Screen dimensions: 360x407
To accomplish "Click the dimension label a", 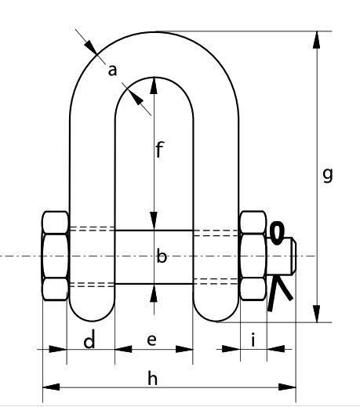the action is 112,71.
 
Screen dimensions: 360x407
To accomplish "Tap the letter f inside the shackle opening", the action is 159,150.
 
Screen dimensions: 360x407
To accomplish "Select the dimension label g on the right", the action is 328,175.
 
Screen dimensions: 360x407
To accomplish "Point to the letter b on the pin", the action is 162,256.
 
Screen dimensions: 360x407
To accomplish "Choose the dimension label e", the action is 152,340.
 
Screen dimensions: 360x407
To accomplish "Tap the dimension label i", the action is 253,340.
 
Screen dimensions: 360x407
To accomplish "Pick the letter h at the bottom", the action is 153,378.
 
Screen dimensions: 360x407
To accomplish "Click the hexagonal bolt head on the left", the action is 56,256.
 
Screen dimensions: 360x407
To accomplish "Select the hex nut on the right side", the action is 253,256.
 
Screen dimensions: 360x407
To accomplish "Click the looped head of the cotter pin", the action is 277,233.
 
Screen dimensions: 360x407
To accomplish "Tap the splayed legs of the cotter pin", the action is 279,293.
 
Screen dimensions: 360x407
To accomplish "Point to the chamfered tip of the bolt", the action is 294,256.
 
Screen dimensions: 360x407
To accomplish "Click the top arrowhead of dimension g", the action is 317,40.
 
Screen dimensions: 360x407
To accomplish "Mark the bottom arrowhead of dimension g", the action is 317,314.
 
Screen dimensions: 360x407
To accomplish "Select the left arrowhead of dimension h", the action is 51,387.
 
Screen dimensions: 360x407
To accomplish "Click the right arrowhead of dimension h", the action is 287,387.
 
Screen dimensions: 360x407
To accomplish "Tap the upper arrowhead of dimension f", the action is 154,85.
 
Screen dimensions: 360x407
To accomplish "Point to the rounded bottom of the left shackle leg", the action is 92,311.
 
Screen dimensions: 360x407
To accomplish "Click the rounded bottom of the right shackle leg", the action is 216,311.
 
